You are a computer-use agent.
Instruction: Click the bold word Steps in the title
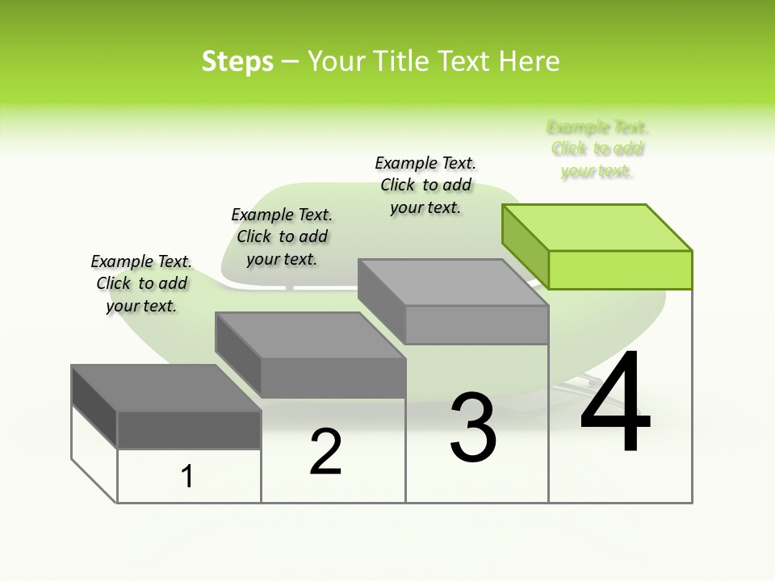tap(237, 61)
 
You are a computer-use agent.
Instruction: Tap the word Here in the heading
tap(530, 61)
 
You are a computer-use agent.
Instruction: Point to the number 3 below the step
tap(473, 428)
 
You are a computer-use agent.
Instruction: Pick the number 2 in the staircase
tap(325, 452)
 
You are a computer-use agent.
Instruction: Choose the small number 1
tap(187, 477)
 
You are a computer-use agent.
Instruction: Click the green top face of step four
tap(597, 228)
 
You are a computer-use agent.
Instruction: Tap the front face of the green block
tap(620, 270)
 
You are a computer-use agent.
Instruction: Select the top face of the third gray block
tap(453, 282)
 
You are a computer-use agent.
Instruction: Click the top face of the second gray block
tap(310, 335)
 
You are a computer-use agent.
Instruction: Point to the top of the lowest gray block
tap(166, 388)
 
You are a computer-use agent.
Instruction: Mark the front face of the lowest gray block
tap(189, 429)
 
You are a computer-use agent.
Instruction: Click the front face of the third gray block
tap(476, 324)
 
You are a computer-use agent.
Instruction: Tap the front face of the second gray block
tap(333, 378)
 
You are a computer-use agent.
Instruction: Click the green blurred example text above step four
tap(597, 148)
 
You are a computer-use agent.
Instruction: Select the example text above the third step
tap(425, 185)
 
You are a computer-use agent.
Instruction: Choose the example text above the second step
tap(282, 236)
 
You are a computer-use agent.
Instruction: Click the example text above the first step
tap(141, 283)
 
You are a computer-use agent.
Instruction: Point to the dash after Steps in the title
tap(290, 61)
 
